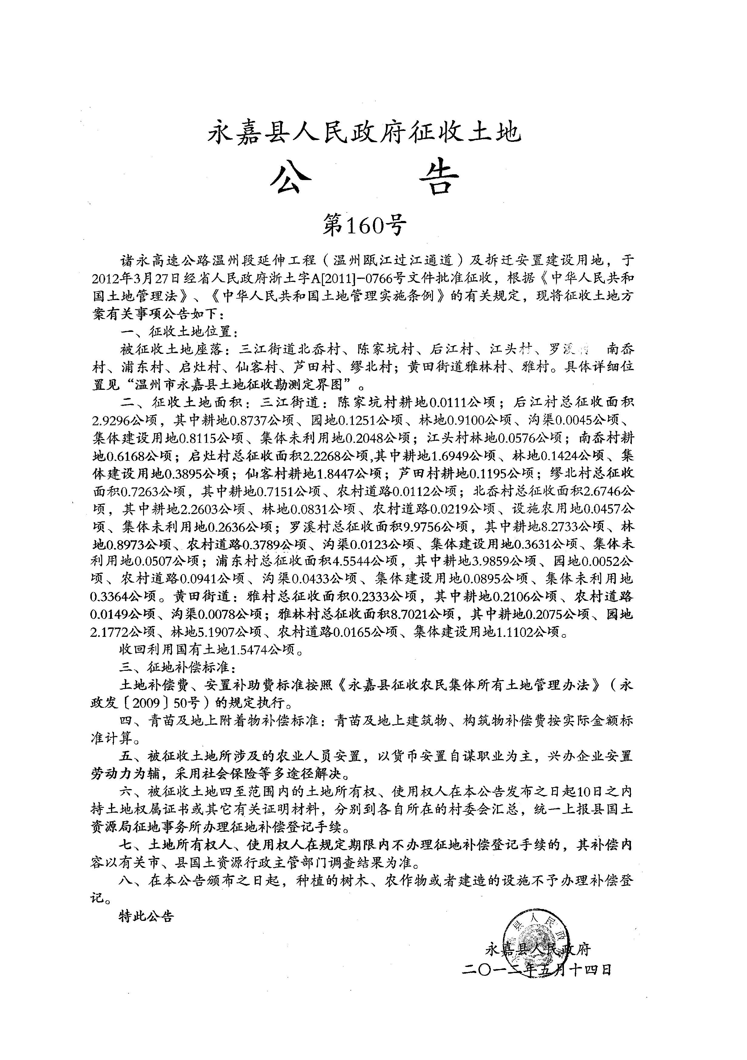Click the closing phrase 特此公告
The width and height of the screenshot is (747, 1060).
coord(146,916)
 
